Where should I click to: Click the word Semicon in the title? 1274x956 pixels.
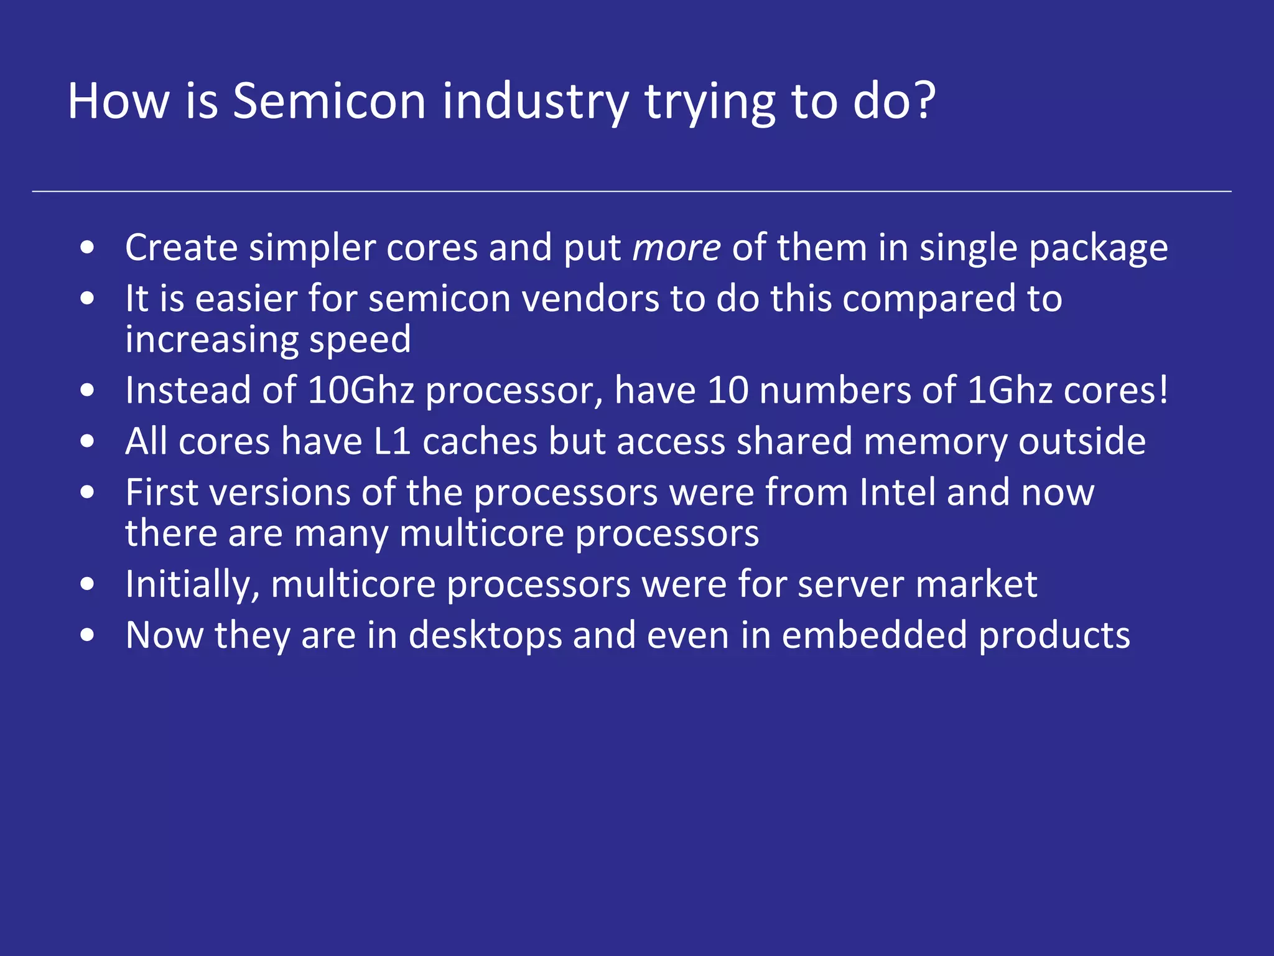click(329, 101)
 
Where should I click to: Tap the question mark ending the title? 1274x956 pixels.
click(925, 101)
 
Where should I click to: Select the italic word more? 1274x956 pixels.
click(676, 248)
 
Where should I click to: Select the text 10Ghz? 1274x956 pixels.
click(361, 391)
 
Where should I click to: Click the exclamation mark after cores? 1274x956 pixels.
click(1163, 391)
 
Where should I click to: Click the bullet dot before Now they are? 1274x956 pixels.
click(88, 636)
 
